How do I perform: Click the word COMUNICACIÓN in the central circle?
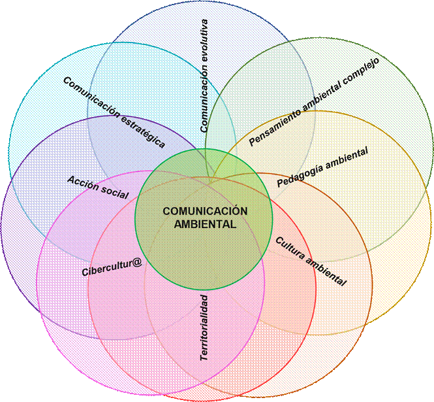(x=205, y=211)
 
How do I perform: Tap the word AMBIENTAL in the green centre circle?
(x=205, y=224)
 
